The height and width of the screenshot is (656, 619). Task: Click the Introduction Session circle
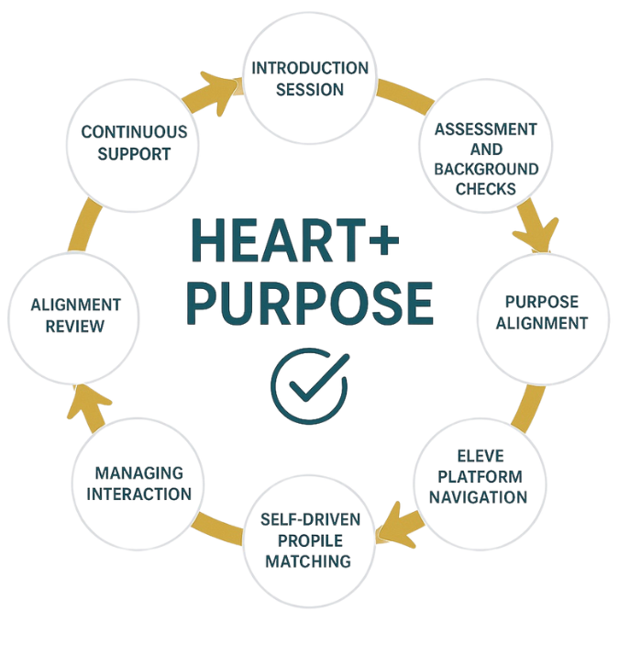coord(310,80)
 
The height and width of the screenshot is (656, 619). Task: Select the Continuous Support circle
coord(134,142)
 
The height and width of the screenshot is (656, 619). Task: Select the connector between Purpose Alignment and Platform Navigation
coord(526,408)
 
